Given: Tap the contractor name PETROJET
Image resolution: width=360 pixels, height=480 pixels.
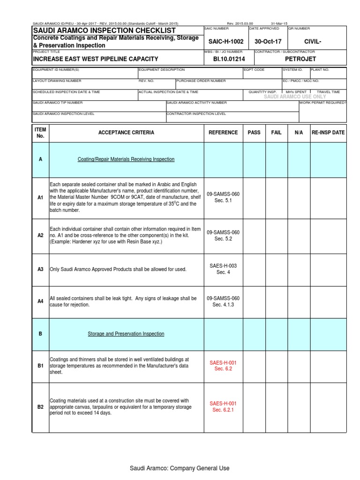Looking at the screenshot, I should tap(300, 59).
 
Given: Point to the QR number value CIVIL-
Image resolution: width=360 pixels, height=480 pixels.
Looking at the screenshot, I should tap(313, 41).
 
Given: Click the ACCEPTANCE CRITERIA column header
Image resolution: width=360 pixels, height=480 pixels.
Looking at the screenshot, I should tap(126, 133).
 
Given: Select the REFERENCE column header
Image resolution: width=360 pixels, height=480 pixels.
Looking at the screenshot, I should tap(223, 133).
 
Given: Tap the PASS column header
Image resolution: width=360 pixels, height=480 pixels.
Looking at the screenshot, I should tap(254, 133).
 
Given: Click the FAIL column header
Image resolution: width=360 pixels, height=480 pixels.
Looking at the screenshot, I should tap(277, 133).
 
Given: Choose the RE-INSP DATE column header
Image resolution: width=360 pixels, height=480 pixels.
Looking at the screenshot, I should tap(328, 133).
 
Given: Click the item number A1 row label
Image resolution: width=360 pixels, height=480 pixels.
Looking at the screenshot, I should tap(40, 198).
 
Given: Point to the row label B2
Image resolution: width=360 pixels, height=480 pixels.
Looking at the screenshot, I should tap(40, 407).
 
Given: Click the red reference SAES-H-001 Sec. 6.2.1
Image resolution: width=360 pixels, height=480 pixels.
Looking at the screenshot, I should tap(223, 406).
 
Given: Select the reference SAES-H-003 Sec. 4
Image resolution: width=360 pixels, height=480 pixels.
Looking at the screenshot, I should tap(223, 269).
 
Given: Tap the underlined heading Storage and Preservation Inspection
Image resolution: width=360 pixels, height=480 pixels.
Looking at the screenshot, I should tap(126, 334).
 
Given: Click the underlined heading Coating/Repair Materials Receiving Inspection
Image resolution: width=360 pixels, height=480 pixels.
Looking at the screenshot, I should tap(126, 159).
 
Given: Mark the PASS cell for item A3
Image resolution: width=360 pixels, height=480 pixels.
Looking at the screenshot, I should tap(254, 269).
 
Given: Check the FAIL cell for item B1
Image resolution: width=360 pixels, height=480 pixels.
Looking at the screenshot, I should tap(277, 365).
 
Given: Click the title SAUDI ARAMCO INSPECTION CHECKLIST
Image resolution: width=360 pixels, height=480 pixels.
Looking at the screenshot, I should tap(104, 30).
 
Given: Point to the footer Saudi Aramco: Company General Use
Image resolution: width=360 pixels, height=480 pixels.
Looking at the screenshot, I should tap(180, 468).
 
